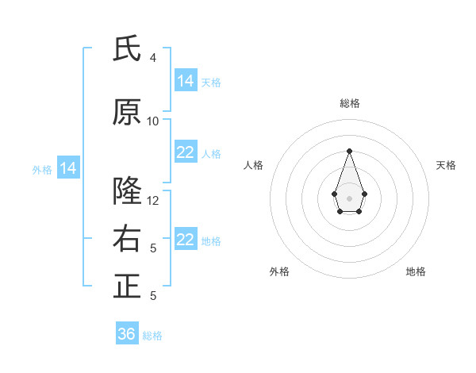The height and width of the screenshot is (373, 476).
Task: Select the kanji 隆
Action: click(x=127, y=191)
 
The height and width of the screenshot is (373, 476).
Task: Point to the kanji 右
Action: click(x=127, y=239)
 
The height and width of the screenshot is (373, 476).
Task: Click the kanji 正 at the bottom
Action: click(x=127, y=286)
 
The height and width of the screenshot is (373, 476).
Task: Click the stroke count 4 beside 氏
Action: click(x=153, y=58)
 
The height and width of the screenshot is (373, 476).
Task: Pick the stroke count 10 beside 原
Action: click(x=153, y=121)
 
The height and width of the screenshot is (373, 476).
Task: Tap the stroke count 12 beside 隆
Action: click(x=153, y=201)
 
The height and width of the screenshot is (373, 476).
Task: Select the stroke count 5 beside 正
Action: click(x=153, y=296)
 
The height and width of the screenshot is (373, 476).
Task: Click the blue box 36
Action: click(x=127, y=334)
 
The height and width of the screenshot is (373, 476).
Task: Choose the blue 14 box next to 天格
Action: click(x=186, y=80)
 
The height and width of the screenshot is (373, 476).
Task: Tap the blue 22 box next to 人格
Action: click(x=186, y=152)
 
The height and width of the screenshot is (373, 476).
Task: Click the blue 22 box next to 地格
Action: click(x=186, y=240)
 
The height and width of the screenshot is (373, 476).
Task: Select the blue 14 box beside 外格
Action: click(x=68, y=168)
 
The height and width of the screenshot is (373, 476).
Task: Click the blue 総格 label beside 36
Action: click(x=152, y=336)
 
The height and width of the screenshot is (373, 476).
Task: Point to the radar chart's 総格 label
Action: click(x=349, y=103)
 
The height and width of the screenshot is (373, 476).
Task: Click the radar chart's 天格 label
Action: click(x=446, y=165)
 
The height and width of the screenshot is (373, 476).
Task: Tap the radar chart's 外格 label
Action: click(x=279, y=271)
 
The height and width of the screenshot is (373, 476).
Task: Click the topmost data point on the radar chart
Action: click(x=349, y=151)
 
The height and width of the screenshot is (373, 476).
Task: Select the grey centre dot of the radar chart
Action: click(x=349, y=198)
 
